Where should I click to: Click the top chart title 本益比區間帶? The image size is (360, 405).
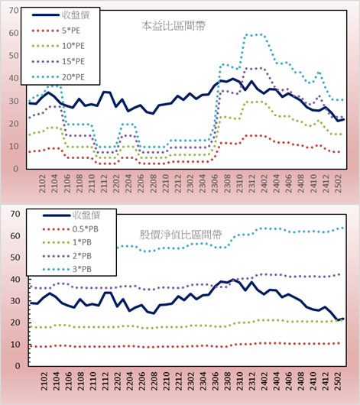click(x=174, y=26)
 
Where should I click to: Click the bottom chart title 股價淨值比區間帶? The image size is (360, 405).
click(x=180, y=235)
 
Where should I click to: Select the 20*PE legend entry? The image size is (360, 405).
click(x=58, y=77)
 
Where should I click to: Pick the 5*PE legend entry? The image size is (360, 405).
click(x=56, y=31)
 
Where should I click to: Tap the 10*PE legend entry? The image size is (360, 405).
click(x=58, y=46)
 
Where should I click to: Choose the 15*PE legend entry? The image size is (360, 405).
click(x=58, y=61)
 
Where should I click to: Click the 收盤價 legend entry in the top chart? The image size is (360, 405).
click(x=60, y=15)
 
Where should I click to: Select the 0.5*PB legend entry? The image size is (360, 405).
click(x=70, y=229)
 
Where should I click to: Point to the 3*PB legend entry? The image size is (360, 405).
click(x=67, y=269)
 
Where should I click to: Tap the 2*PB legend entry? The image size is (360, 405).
click(x=67, y=256)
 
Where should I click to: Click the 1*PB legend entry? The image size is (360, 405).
click(x=67, y=242)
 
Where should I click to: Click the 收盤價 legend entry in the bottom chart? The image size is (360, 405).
click(x=71, y=215)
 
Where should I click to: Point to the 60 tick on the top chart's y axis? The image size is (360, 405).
click(x=14, y=33)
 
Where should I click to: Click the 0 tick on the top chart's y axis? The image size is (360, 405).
click(x=16, y=169)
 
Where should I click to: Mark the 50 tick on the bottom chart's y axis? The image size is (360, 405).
click(x=15, y=258)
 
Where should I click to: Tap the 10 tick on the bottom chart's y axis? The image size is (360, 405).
click(x=15, y=345)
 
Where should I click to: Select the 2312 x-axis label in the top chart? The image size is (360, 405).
click(x=252, y=183)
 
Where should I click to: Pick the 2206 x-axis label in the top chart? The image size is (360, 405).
click(x=141, y=183)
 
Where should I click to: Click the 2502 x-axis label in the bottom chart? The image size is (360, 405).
click(x=338, y=381)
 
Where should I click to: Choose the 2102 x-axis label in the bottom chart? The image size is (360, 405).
click(x=44, y=381)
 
